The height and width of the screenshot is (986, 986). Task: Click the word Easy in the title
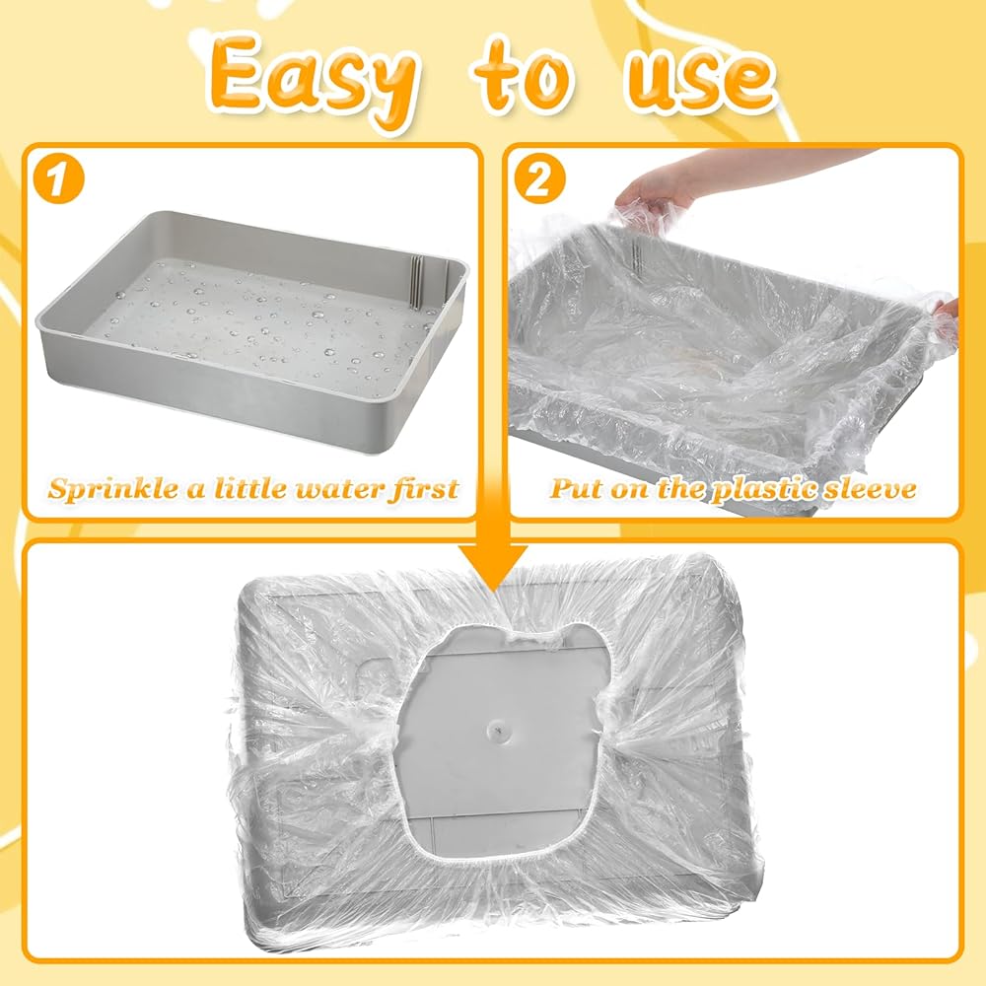pyautogui.click(x=310, y=81)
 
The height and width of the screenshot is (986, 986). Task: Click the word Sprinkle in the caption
pyautogui.click(x=114, y=489)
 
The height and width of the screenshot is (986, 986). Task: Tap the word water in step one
pyautogui.click(x=337, y=489)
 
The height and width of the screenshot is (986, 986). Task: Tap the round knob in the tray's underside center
pyautogui.click(x=496, y=729)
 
